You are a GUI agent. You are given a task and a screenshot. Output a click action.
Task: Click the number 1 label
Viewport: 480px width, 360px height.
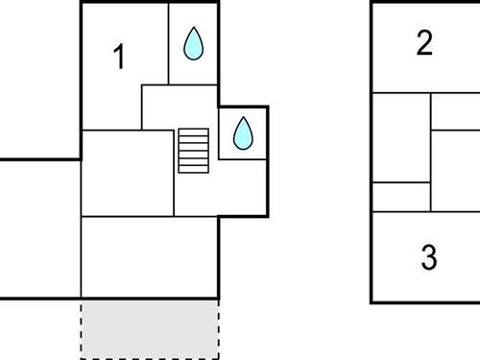pyautogui.click(x=119, y=58)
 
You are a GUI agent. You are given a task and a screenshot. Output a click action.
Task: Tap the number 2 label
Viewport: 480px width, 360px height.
pyautogui.click(x=425, y=43)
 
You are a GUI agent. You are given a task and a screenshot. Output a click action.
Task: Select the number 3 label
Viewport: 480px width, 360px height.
pyautogui.click(x=429, y=257)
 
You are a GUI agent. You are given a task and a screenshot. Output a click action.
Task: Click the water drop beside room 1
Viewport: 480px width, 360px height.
pyautogui.click(x=194, y=44)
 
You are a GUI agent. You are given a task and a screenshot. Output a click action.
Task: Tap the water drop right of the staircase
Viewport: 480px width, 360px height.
pyautogui.click(x=243, y=133)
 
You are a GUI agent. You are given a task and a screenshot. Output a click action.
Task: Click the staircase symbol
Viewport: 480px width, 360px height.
pyautogui.click(x=193, y=151)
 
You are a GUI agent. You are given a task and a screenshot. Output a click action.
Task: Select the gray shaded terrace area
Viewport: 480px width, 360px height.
pyautogui.click(x=150, y=327)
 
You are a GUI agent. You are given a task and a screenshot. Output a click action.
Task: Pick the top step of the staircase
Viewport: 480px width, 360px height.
pyautogui.click(x=193, y=132)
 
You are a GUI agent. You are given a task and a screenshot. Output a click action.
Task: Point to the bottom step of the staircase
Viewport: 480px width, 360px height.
pyautogui.click(x=193, y=169)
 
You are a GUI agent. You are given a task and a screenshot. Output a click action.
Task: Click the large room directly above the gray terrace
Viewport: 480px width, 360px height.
pyautogui.click(x=150, y=256)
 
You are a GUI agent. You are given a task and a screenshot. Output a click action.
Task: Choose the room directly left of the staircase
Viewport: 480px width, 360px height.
pyautogui.click(x=127, y=174)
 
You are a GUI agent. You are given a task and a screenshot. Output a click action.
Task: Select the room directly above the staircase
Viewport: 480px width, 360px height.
pyautogui.click(x=180, y=107)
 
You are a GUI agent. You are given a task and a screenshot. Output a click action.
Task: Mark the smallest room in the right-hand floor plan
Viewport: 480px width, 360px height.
pyautogui.click(x=400, y=196)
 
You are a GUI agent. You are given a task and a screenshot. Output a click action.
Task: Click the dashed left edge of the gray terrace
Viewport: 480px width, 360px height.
pyautogui.click(x=82, y=327)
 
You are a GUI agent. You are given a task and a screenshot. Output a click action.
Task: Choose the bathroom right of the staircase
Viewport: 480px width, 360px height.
pyautogui.click(x=243, y=144)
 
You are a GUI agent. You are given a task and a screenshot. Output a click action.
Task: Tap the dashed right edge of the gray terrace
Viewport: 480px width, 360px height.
pyautogui.click(x=219, y=327)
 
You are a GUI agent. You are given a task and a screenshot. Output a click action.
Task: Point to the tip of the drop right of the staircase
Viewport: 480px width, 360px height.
pyautogui.click(x=243, y=118)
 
